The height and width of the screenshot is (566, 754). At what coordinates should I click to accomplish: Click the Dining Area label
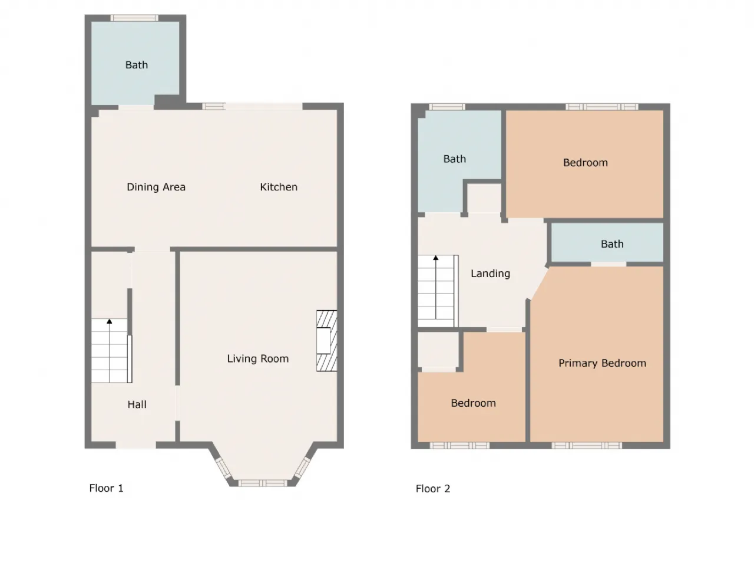156,187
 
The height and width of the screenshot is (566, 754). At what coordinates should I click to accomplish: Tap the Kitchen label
279,187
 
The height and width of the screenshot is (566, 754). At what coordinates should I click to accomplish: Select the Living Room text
257,359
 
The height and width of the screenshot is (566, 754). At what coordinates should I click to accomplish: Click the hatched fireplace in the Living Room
327,341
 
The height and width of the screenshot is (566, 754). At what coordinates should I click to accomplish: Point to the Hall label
137,404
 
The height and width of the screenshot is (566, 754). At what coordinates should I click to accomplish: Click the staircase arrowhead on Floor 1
109,321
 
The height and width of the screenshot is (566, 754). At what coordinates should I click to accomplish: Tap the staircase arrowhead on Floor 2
435,258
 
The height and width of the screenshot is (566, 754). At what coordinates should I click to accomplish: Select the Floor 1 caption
106,488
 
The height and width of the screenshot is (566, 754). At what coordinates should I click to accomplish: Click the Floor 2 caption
433,489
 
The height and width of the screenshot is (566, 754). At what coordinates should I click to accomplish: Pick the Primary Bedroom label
602,363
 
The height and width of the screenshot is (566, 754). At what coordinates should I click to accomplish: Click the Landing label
490,274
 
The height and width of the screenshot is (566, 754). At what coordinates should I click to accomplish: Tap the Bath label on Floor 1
137,65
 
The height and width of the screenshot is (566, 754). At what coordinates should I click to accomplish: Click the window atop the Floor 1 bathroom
134,18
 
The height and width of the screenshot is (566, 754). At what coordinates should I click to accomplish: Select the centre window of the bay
263,483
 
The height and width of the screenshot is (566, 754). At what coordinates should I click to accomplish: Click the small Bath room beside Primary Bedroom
607,242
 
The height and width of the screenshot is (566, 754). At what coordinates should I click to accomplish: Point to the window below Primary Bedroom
587,446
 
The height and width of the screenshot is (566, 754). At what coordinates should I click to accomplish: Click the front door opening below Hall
135,445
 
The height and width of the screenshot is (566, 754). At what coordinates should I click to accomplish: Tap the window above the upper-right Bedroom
602,107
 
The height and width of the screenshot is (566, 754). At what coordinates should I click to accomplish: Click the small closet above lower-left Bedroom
438,350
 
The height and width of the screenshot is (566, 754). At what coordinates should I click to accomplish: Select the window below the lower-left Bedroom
459,446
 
